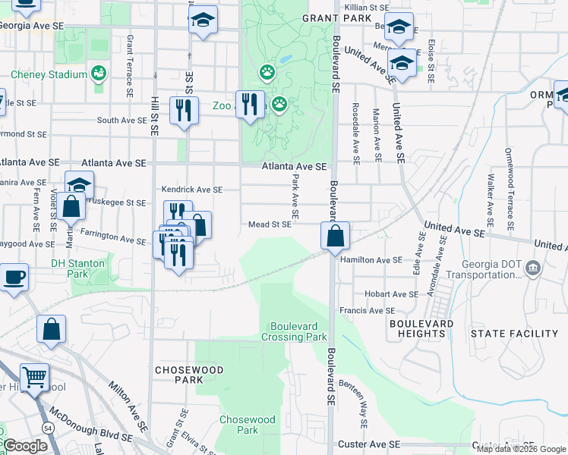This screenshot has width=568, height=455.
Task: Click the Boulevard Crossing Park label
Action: tap(295, 331)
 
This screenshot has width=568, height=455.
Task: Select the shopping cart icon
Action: tap(34, 377)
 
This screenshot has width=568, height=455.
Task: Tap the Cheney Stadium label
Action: tap(49, 74)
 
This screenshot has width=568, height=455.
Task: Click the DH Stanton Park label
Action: tap(77, 268)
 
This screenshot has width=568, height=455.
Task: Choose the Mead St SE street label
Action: tap(270, 224)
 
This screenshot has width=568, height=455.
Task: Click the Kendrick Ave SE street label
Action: tap(191, 190)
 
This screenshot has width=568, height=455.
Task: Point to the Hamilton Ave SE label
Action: tap(371, 260)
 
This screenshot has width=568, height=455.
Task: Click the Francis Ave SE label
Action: tap(367, 310)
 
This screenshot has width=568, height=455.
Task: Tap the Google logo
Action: tap(24, 447)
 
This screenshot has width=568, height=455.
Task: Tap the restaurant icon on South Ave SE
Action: tap(184, 111)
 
